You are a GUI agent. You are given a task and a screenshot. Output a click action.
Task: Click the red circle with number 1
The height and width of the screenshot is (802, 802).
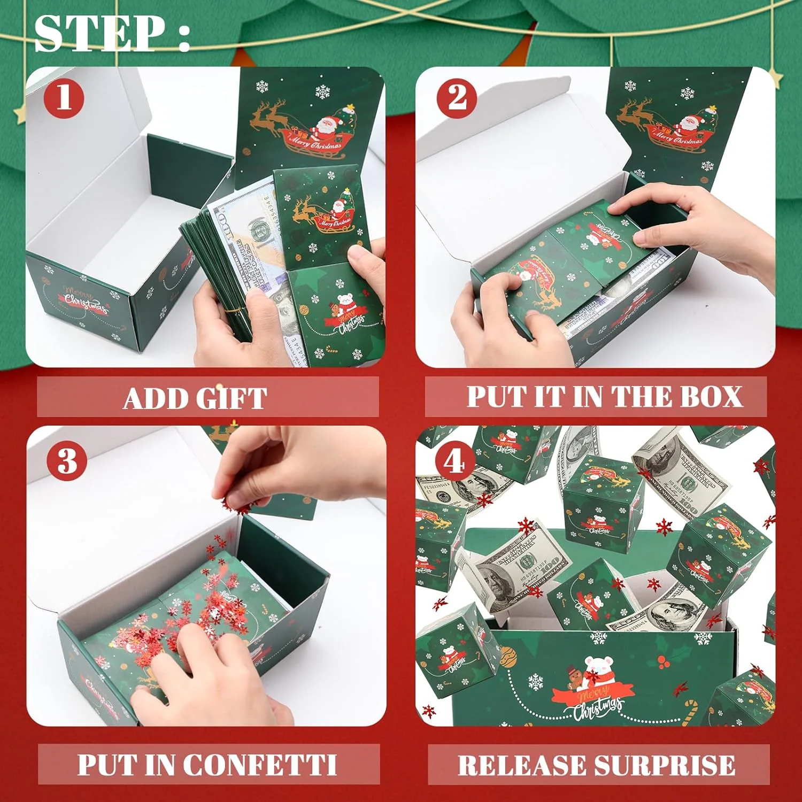(x=64, y=98)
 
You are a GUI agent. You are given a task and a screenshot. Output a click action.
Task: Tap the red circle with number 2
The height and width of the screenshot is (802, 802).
(x=457, y=98)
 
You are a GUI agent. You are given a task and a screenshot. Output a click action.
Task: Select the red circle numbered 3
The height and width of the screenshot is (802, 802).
(x=67, y=460)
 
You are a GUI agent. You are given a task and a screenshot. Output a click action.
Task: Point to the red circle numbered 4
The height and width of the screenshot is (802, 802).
(x=454, y=461)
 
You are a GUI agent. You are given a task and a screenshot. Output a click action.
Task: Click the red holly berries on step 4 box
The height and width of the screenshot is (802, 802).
(x=664, y=662)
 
